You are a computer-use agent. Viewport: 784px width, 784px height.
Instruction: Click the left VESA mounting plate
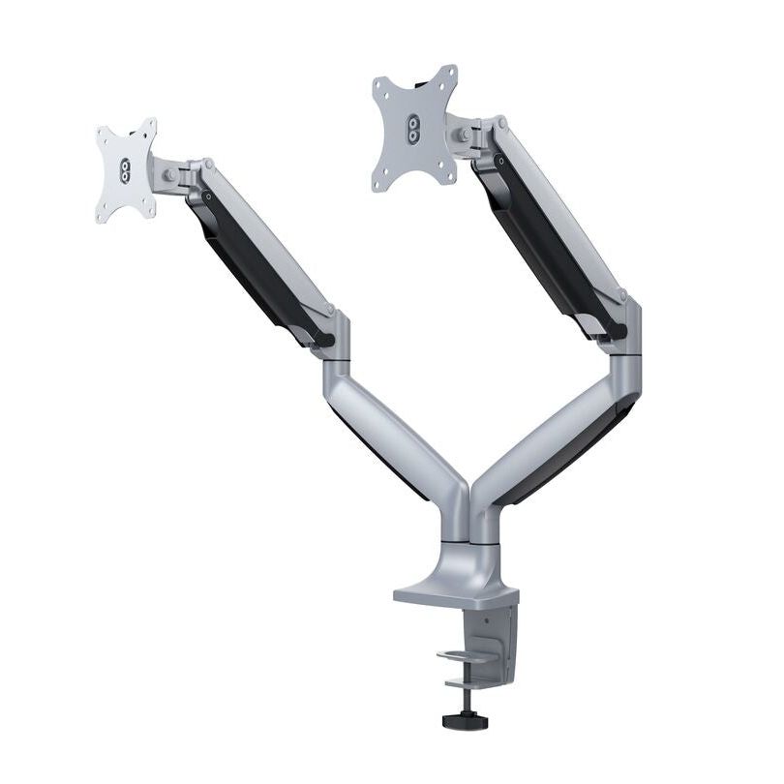[126, 170]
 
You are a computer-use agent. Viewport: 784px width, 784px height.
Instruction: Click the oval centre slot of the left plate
[125, 170]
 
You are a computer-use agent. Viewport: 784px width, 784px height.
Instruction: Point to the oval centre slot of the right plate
[413, 130]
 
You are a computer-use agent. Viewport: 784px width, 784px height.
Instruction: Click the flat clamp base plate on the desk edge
[455, 592]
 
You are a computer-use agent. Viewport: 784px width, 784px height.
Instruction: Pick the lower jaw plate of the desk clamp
[474, 683]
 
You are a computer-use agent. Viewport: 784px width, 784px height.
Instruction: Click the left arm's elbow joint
[334, 344]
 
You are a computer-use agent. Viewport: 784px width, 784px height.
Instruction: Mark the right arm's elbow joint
[624, 334]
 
